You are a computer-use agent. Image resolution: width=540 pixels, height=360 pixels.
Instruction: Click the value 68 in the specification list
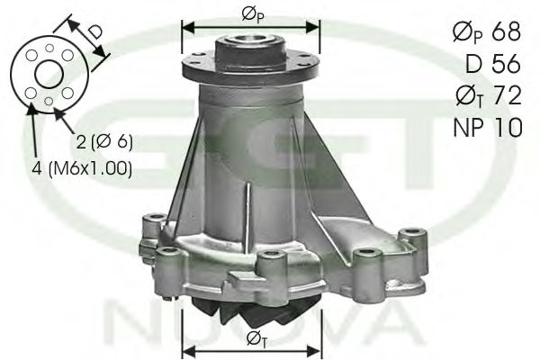coord(506,31)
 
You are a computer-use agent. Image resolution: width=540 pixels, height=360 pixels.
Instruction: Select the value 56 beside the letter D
coord(506,63)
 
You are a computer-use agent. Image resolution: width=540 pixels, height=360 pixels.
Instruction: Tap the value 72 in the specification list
coord(508,95)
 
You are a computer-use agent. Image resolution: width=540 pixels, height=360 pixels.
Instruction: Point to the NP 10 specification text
coord(488,127)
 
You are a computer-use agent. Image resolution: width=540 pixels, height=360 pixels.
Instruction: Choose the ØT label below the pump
coord(256,338)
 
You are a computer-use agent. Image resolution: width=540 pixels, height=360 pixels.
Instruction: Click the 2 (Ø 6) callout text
coord(104,141)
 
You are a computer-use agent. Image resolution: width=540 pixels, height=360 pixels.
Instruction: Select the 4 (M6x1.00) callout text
coord(82,169)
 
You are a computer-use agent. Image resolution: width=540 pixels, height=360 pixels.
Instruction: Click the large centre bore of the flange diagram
coord(49,75)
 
